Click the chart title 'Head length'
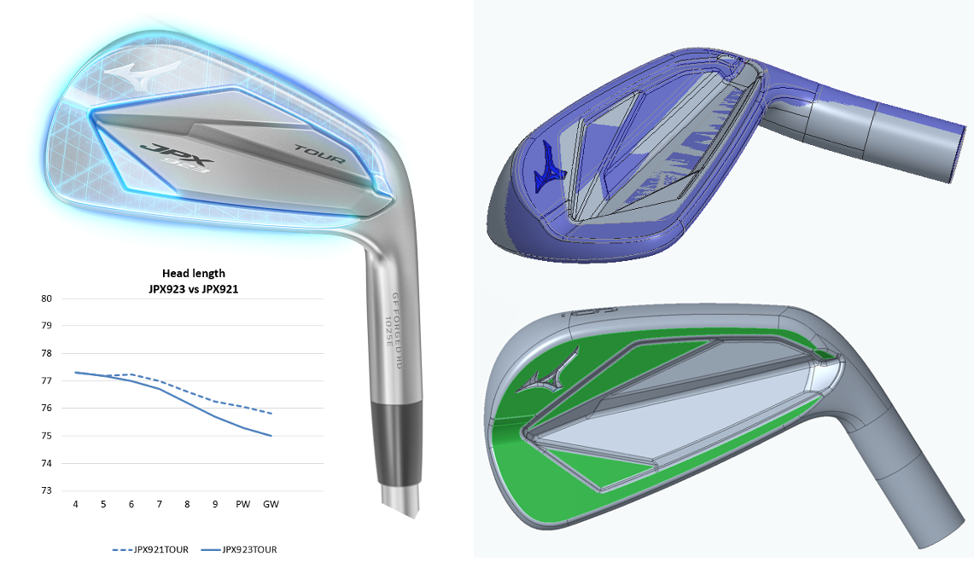(x=194, y=273)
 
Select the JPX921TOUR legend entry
(x=150, y=549)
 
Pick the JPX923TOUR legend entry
(x=238, y=549)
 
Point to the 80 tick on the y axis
(x=47, y=299)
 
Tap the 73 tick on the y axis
(x=47, y=490)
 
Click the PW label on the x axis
(x=243, y=504)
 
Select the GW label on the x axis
(x=271, y=504)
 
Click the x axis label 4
(x=76, y=504)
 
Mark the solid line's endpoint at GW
(x=271, y=436)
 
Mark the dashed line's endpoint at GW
(x=271, y=414)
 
